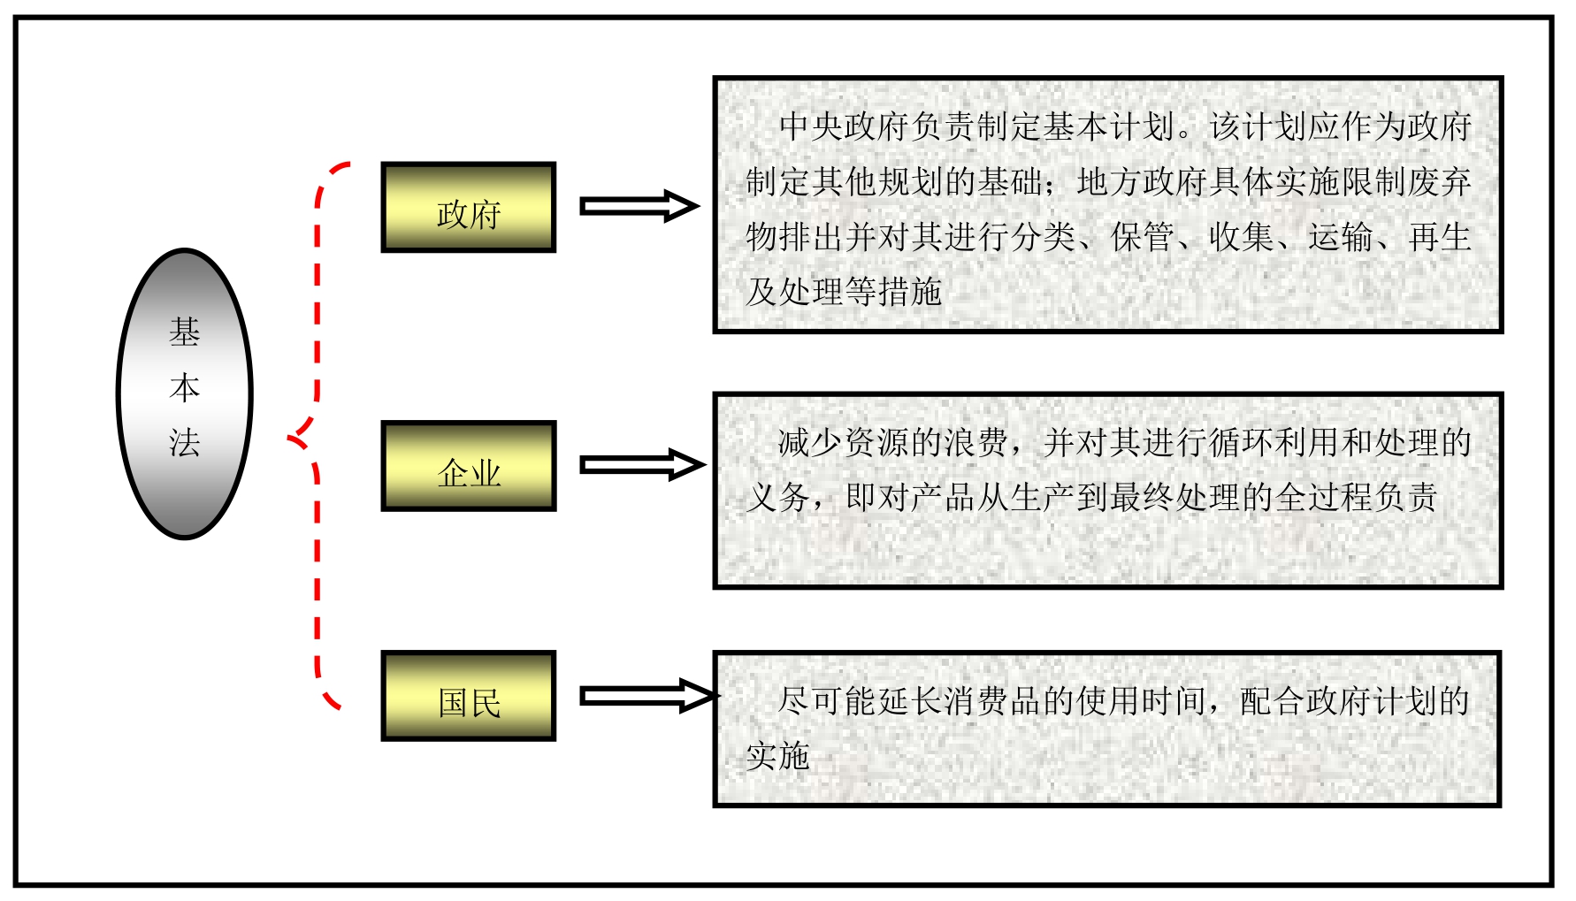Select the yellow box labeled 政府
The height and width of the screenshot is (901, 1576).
click(x=468, y=208)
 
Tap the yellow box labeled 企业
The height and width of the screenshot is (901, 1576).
click(x=468, y=466)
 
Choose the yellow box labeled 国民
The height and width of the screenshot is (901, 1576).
click(x=468, y=696)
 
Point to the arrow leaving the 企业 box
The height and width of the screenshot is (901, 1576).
click(x=641, y=465)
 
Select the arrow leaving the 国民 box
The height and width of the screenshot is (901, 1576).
click(x=646, y=696)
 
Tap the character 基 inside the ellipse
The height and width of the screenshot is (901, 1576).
click(x=185, y=332)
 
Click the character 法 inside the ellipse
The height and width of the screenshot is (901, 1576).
click(x=185, y=442)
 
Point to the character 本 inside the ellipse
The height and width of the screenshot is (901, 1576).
click(x=185, y=387)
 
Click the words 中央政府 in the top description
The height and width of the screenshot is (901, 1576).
click(x=844, y=126)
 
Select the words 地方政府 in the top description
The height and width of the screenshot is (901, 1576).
click(x=1143, y=182)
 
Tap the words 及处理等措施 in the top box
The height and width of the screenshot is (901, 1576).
click(x=844, y=292)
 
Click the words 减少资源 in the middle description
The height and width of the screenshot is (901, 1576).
click(x=844, y=442)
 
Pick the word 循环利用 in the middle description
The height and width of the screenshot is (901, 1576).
click(x=1275, y=442)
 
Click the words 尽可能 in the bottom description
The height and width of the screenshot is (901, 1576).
click(x=827, y=701)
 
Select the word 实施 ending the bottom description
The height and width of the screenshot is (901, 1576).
click(x=778, y=756)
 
